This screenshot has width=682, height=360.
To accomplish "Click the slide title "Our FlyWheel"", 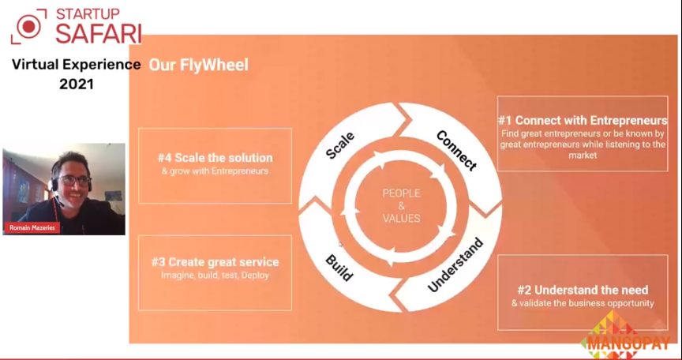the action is coord(199,66).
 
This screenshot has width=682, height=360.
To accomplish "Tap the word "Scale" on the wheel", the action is coord(340,145).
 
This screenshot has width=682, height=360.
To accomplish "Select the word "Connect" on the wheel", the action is coord(456,150).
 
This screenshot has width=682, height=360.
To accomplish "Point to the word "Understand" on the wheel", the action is coord(455,264).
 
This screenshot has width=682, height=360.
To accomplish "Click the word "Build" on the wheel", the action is coord(339,268).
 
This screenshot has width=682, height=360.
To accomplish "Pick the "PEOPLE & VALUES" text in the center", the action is coord(401,205).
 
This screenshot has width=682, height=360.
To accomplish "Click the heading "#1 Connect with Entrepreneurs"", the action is coord(583,121).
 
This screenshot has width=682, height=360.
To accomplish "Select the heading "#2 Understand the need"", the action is coord(583,290).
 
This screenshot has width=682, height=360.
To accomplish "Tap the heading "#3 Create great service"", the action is coord(215,262).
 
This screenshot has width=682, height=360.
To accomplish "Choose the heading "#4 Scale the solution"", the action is coord(215,158).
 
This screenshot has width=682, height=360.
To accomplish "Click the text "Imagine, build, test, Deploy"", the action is coord(215,276).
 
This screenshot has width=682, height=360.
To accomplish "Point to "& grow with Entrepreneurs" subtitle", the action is coord(215,171).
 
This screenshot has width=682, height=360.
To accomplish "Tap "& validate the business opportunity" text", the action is coord(583,303).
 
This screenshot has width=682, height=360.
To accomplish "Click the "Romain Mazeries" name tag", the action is coord(32,227).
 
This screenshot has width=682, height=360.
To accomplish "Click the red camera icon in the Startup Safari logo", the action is coord(28,27).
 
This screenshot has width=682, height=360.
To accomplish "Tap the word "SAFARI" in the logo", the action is coord(99,33).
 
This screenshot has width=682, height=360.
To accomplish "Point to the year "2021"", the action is coord(77,84).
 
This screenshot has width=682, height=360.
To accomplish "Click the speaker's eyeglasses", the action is coord(74,179).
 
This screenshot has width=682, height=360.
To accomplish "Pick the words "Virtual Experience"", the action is coord(77,66).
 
